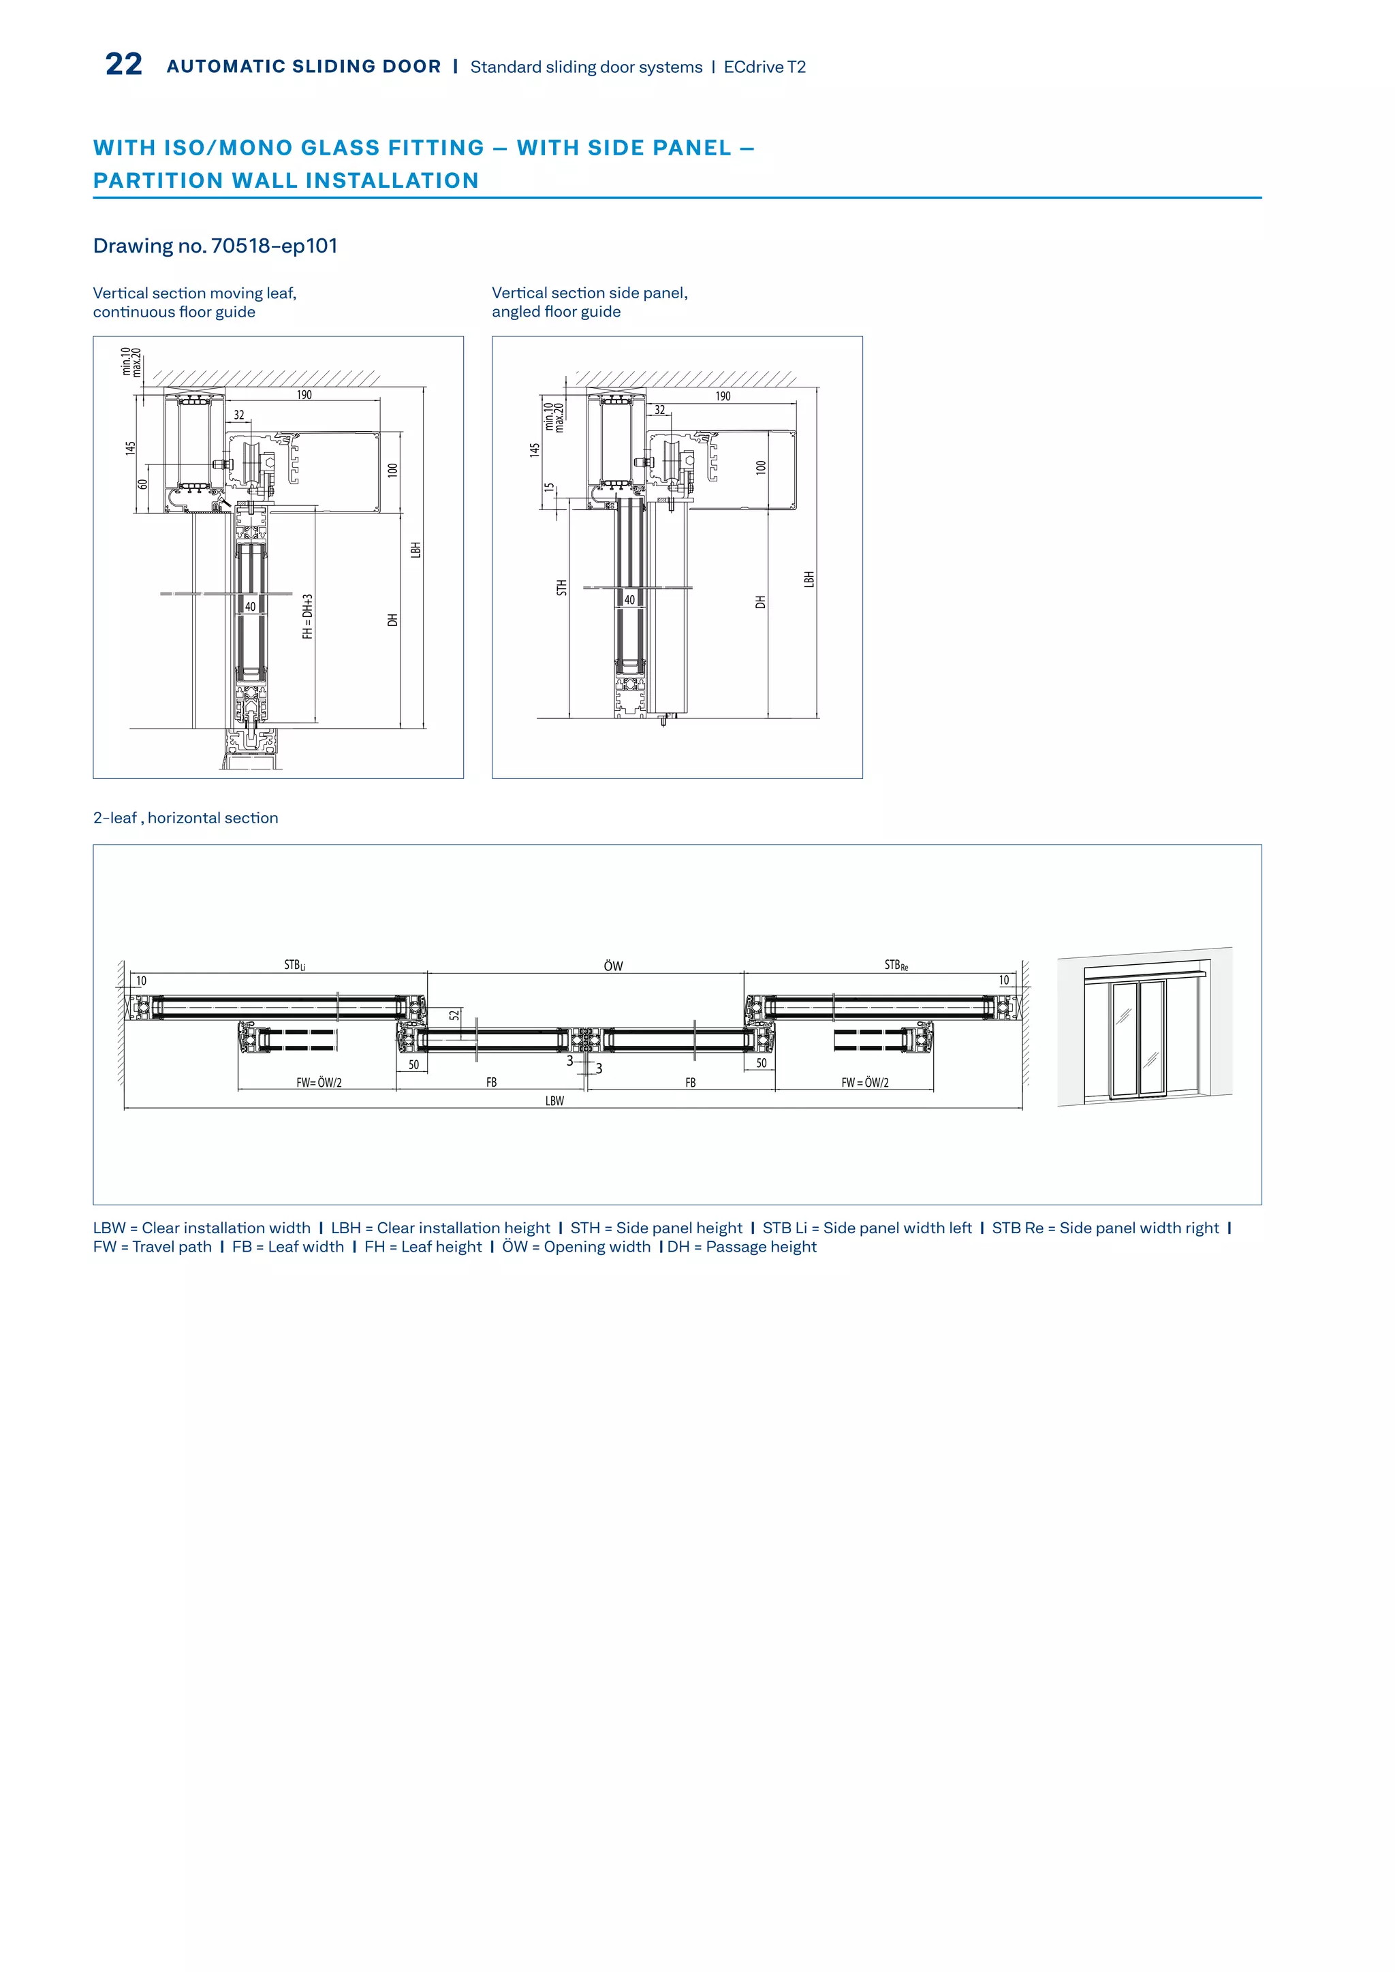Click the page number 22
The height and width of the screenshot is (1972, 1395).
tap(124, 65)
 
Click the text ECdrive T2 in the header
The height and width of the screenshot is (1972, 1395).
tap(764, 67)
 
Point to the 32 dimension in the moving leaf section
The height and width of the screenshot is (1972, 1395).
tap(239, 415)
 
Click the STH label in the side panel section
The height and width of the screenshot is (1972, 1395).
tap(562, 588)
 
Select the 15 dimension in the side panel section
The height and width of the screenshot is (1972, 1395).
tap(550, 488)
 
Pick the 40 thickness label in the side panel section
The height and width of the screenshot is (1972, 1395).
tap(629, 599)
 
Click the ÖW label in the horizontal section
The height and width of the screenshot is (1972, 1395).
tap(613, 966)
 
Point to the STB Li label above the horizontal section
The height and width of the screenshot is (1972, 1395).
tap(295, 966)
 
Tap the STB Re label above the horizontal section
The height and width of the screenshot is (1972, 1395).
tap(896, 966)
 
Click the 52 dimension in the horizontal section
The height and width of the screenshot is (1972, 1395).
tap(454, 1015)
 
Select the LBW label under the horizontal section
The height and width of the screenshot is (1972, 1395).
tap(555, 1101)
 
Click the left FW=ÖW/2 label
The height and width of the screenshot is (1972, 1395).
tap(319, 1083)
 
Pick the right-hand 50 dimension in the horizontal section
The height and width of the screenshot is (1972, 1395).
tap(761, 1064)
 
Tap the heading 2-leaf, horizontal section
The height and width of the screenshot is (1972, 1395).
tap(185, 818)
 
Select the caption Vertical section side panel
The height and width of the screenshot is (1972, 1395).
tap(589, 293)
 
